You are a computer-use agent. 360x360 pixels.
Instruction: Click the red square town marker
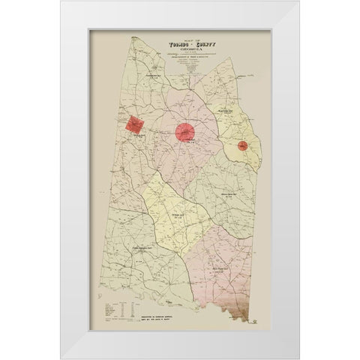pyautogui.click(x=135, y=124)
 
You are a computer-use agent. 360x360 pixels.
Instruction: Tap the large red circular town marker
pyautogui.click(x=185, y=133)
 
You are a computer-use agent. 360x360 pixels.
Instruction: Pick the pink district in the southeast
pyautogui.click(x=225, y=262)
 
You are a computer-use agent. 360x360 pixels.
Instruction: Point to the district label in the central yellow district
pyautogui.click(x=177, y=215)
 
